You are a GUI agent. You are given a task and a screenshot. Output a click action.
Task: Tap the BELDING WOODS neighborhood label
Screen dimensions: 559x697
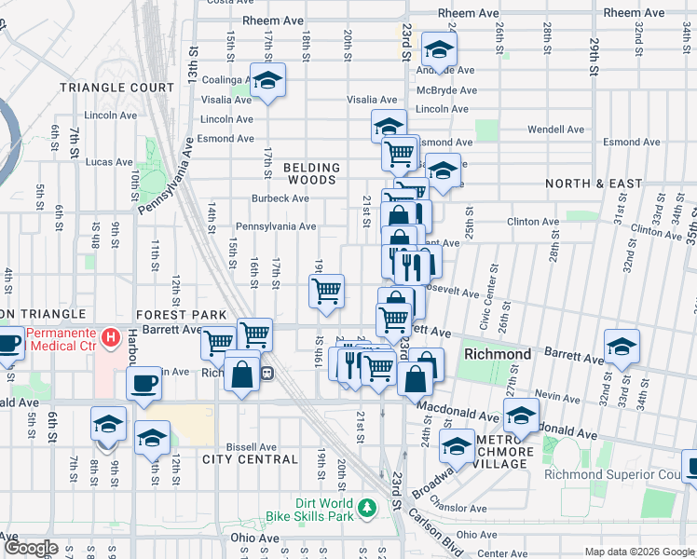pos(311,174)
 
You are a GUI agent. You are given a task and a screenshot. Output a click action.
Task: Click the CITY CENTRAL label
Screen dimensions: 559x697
pos(250,459)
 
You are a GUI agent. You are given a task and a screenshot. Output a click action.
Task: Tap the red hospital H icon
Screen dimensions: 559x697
pos(111,335)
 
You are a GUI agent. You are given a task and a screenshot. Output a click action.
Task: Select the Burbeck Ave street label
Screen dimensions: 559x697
pos(280,198)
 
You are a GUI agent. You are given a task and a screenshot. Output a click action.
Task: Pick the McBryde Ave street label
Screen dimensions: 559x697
pos(446,90)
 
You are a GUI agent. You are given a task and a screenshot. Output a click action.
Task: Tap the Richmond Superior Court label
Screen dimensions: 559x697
pos(643,473)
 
